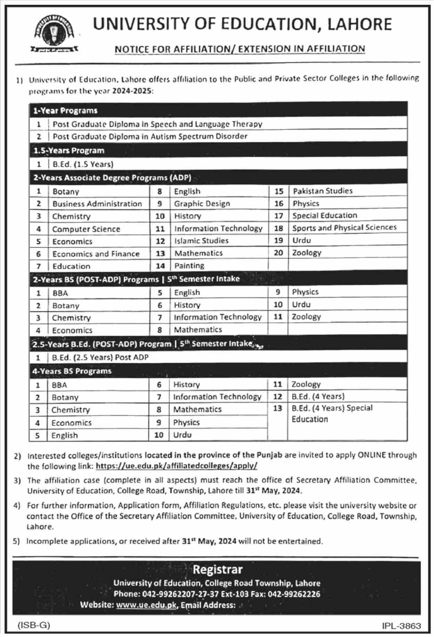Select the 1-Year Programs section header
pyautogui.click(x=65, y=111)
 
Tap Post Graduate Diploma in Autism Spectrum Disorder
pyautogui.click(x=150, y=136)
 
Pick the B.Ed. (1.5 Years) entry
pyautogui.click(x=83, y=164)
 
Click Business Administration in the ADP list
pyautogui.click(x=97, y=204)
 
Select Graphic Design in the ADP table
pyautogui.click(x=202, y=204)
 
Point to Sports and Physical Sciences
pyautogui.click(x=344, y=228)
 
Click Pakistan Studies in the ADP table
pyautogui.click(x=322, y=191)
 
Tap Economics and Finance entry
pyautogui.click(x=96, y=254)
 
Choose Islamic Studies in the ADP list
pyautogui.click(x=201, y=241)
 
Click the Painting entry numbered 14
pyautogui.click(x=189, y=266)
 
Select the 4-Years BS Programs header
pyautogui.click(x=72, y=371)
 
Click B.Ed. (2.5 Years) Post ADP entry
pyautogui.click(x=100, y=357)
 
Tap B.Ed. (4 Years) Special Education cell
pyautogui.click(x=331, y=413)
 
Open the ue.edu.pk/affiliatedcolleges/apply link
pyautogui.click(x=176, y=466)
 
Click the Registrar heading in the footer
pyautogui.click(x=218, y=569)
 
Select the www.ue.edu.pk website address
pyautogui.click(x=146, y=605)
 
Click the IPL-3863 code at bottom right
pyautogui.click(x=401, y=626)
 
